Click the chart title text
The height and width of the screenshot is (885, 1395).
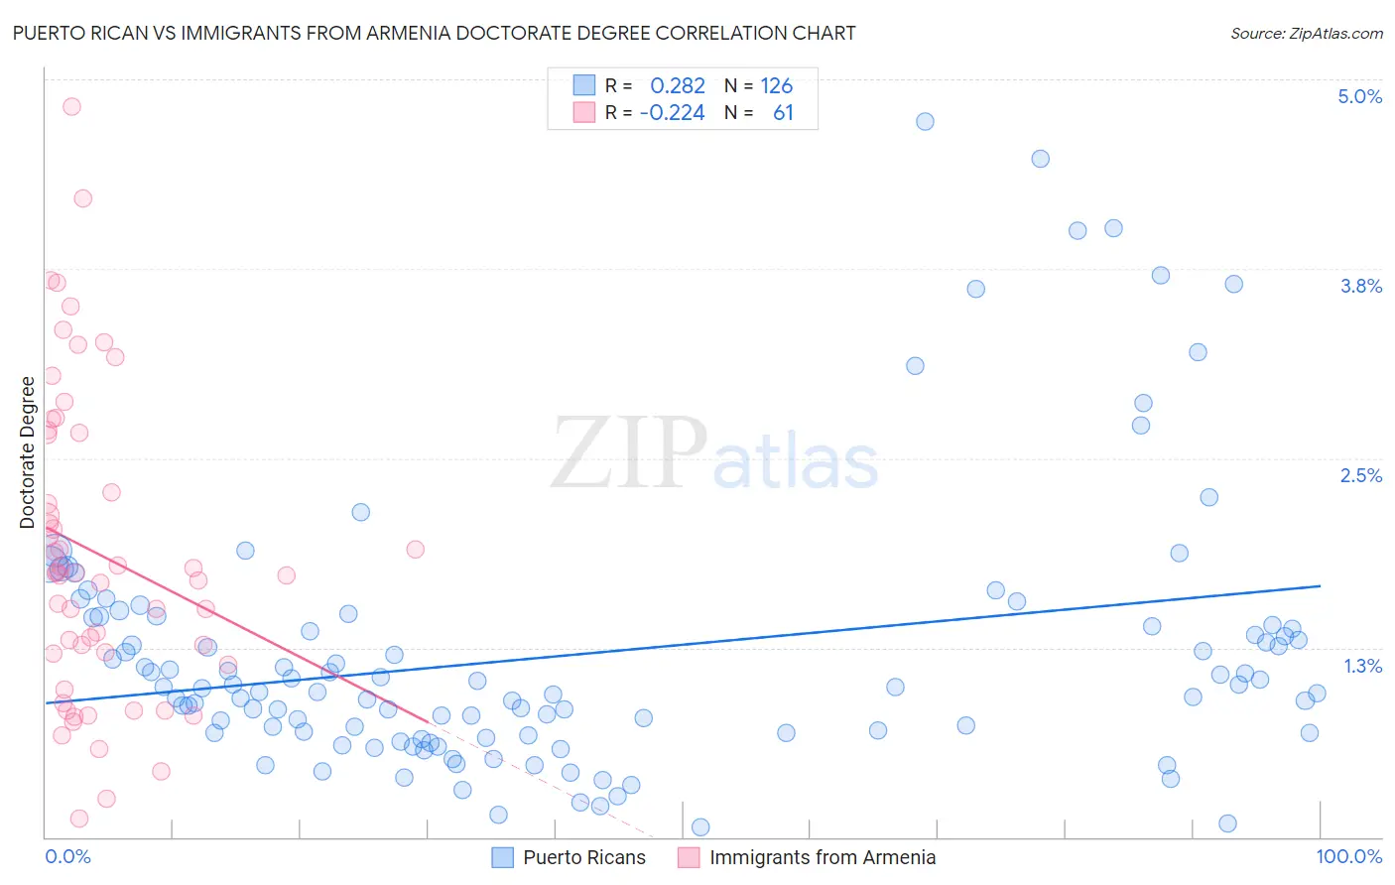click(x=434, y=33)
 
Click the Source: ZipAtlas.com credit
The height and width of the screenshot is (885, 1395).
click(x=1306, y=33)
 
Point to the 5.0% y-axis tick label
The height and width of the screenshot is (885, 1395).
click(x=1359, y=96)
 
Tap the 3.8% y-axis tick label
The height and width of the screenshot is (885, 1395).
click(x=1360, y=286)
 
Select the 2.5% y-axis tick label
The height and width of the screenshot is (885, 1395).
click(x=1360, y=475)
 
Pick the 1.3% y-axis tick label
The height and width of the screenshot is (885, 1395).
click(x=1362, y=666)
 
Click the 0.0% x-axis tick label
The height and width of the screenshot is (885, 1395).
click(x=67, y=856)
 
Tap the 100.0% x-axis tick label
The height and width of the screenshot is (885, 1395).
click(x=1348, y=856)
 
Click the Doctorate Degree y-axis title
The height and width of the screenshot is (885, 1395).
click(x=27, y=452)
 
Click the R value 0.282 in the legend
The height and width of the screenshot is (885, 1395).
click(x=678, y=86)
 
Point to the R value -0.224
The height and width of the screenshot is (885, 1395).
click(x=672, y=113)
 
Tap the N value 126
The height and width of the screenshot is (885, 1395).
click(x=777, y=86)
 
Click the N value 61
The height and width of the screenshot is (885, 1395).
click(x=783, y=113)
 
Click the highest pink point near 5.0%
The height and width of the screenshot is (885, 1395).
click(x=71, y=106)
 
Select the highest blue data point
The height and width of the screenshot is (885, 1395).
click(x=925, y=121)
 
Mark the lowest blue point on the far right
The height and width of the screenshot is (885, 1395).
click(x=1227, y=823)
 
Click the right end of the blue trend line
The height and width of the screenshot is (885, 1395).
click(x=1320, y=585)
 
